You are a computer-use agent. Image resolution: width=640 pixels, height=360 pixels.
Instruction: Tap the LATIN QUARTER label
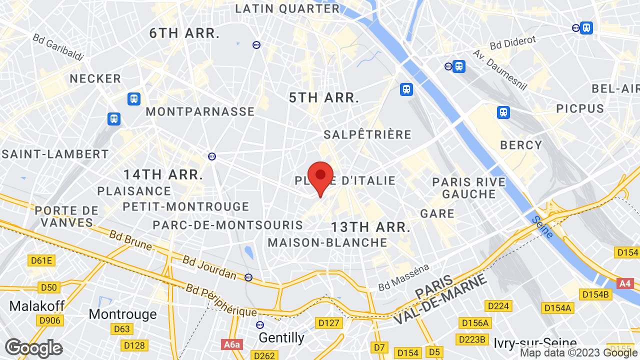pyautogui.click(x=287, y=8)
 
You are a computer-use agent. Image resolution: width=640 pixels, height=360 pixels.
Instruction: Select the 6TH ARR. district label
pyautogui.click(x=185, y=33)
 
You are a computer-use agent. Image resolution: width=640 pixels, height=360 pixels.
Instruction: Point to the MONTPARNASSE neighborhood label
pyautogui.click(x=200, y=111)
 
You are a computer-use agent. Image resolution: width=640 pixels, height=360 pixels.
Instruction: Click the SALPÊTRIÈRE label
pyautogui.click(x=367, y=134)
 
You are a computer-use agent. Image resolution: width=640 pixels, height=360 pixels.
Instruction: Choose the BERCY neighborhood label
pyautogui.click(x=521, y=145)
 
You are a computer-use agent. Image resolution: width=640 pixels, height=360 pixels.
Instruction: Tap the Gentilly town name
pyautogui.click(x=281, y=338)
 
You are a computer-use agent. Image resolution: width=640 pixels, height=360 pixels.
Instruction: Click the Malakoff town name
pyautogui.click(x=34, y=305)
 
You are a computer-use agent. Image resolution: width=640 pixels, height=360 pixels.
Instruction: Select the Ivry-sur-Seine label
pyautogui.click(x=535, y=343)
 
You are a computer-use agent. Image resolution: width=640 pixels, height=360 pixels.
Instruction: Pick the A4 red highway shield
pyautogui.click(x=625, y=283)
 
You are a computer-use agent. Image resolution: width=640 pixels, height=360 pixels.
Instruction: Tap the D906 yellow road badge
pyautogui.click(x=50, y=320)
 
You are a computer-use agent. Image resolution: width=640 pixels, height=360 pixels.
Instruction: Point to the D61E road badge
pyautogui.click(x=41, y=260)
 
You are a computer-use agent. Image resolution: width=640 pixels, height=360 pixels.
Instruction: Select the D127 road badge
pyautogui.click(x=329, y=323)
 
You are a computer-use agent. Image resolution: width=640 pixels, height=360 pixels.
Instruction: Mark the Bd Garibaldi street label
pyautogui.click(x=58, y=47)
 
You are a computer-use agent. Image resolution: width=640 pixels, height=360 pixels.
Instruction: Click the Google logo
pyautogui.click(x=33, y=348)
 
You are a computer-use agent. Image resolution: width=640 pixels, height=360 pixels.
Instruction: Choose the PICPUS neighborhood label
pyautogui.click(x=580, y=108)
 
